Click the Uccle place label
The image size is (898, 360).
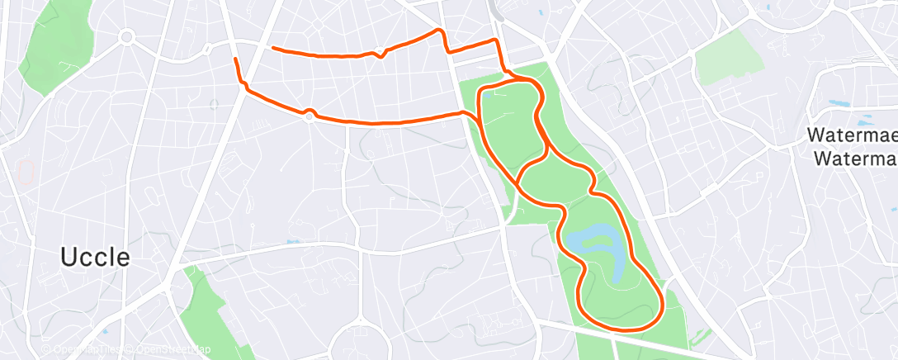pos(95,258)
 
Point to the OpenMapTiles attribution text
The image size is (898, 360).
pos(81,350)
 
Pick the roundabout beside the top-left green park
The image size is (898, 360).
pos(126,36)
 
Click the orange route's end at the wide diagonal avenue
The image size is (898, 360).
pos(235,59)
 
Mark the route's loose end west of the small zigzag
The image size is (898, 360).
pos(273,48)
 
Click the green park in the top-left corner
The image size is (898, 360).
pos(54,45)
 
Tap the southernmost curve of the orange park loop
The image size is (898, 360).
pos(627,329)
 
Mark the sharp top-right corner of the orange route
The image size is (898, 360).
pos(496,40)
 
